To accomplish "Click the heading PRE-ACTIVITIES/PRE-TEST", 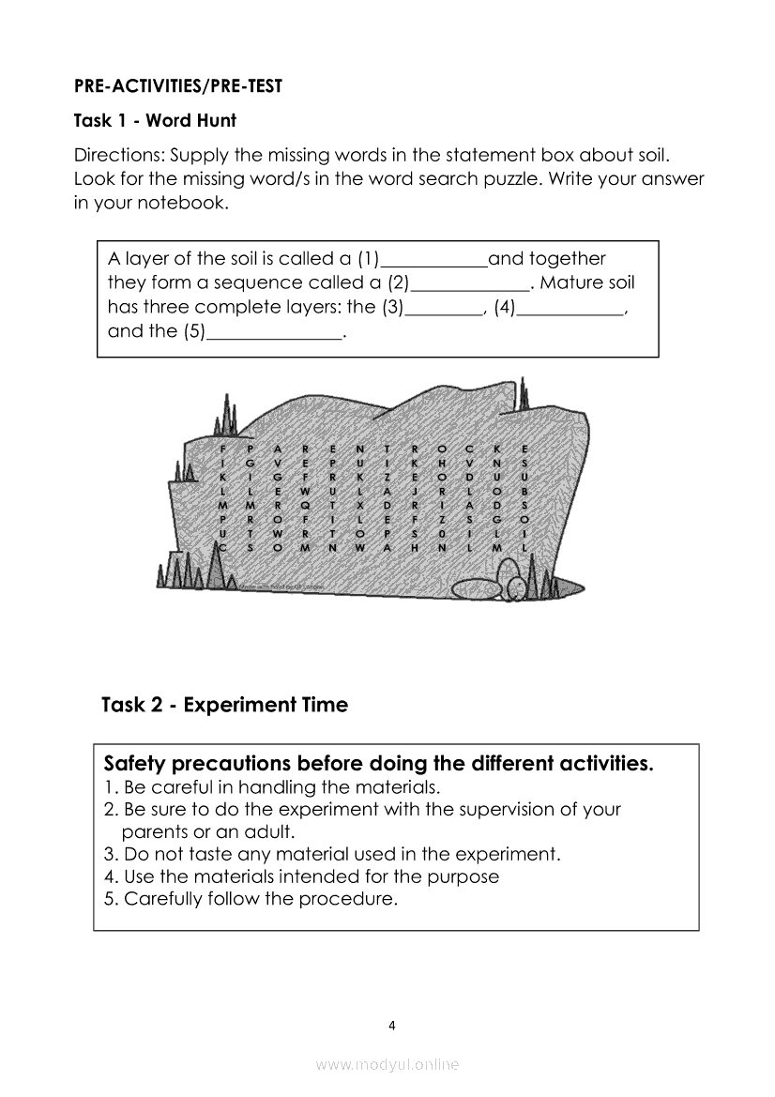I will coord(178,86).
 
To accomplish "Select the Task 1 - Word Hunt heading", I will coord(155,120).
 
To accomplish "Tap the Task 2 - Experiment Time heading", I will coord(224,705).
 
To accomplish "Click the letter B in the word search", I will coord(524,490).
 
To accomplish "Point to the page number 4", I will coord(392,1025).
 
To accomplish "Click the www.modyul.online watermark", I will coord(387,1064).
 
